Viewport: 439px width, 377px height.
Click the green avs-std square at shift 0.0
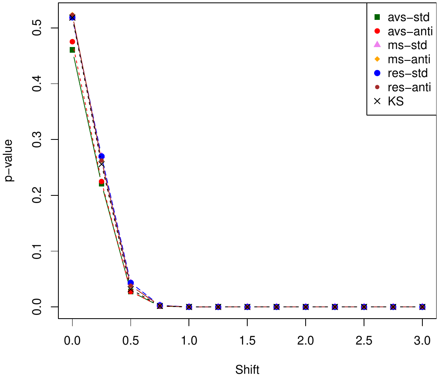72,50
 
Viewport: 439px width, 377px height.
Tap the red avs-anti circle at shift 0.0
72,42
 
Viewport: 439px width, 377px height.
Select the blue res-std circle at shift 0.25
102,156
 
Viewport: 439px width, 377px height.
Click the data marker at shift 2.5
364,307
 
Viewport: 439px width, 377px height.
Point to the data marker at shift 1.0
189,307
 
